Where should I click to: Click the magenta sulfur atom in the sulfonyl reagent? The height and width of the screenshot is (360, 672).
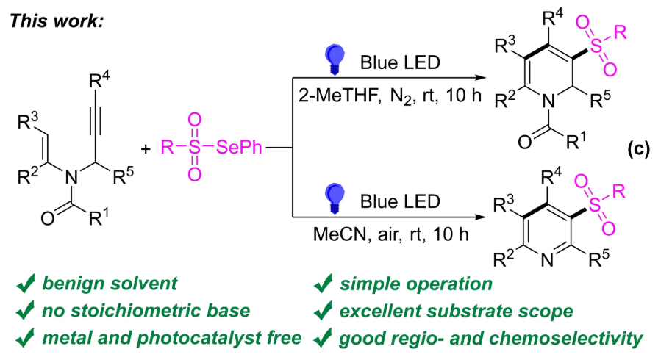[194, 148]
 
